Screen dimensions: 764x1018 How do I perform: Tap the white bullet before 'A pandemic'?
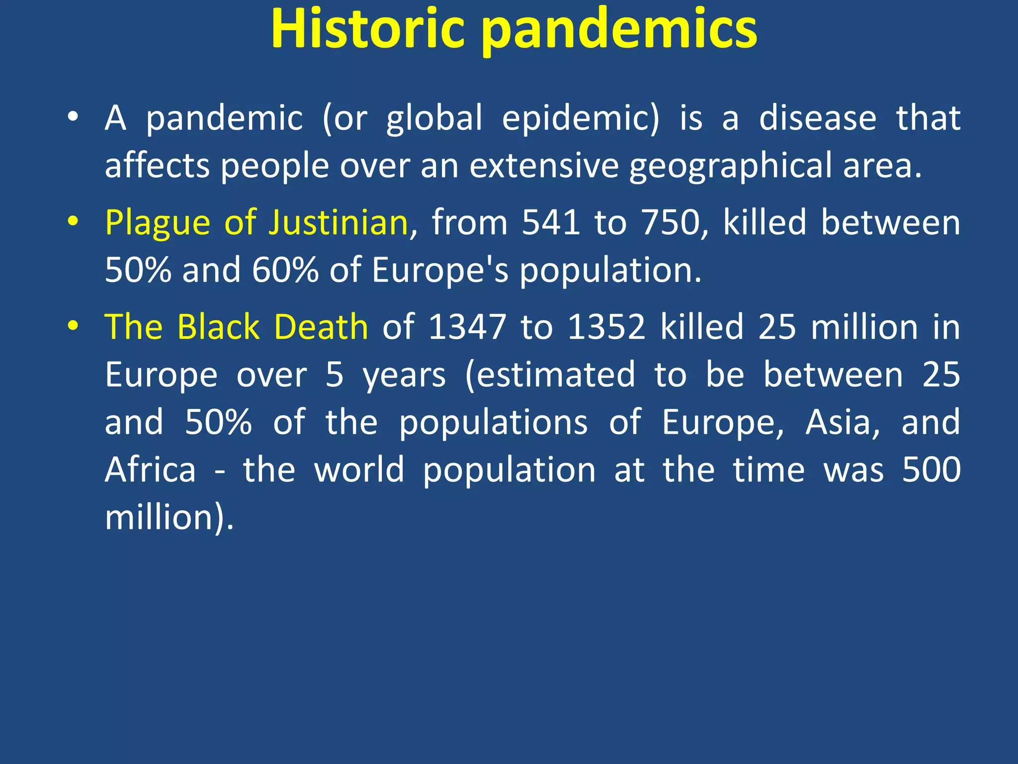point(73,117)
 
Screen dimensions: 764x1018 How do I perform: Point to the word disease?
point(818,118)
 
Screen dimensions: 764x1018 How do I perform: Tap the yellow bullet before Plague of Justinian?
point(73,221)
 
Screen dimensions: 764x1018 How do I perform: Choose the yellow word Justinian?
point(338,222)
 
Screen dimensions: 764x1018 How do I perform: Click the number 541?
point(551,222)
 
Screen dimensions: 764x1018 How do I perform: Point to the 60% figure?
point(285,270)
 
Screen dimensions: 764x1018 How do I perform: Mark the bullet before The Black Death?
point(73,326)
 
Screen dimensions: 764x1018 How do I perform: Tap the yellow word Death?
point(321,327)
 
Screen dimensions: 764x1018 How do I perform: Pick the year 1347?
point(467,327)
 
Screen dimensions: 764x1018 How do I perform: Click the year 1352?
point(606,327)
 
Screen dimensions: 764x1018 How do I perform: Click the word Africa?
point(151,470)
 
